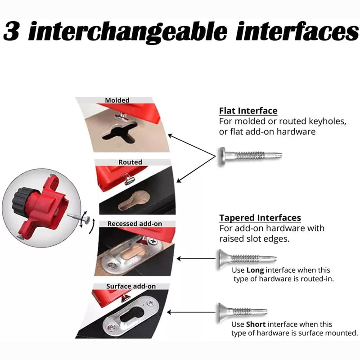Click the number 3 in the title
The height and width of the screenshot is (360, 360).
[11, 31]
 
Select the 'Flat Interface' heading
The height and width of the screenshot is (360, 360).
[248, 111]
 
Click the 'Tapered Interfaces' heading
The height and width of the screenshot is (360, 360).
[260, 218]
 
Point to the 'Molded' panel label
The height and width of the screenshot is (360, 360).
[117, 100]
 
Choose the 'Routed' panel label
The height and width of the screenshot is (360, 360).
[130, 162]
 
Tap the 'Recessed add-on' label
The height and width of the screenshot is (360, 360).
[135, 224]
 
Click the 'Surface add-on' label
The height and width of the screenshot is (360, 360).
[131, 286]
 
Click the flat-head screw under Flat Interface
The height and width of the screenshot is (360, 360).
[250, 156]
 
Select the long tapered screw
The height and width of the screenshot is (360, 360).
[247, 259]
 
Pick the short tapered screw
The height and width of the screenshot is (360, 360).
[242, 312]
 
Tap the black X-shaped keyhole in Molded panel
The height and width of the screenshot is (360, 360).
[120, 132]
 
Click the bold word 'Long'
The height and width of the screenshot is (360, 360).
[255, 270]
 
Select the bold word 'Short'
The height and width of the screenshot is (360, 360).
[256, 324]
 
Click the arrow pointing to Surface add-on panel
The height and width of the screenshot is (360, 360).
[191, 312]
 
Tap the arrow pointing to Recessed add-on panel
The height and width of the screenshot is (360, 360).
[196, 259]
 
